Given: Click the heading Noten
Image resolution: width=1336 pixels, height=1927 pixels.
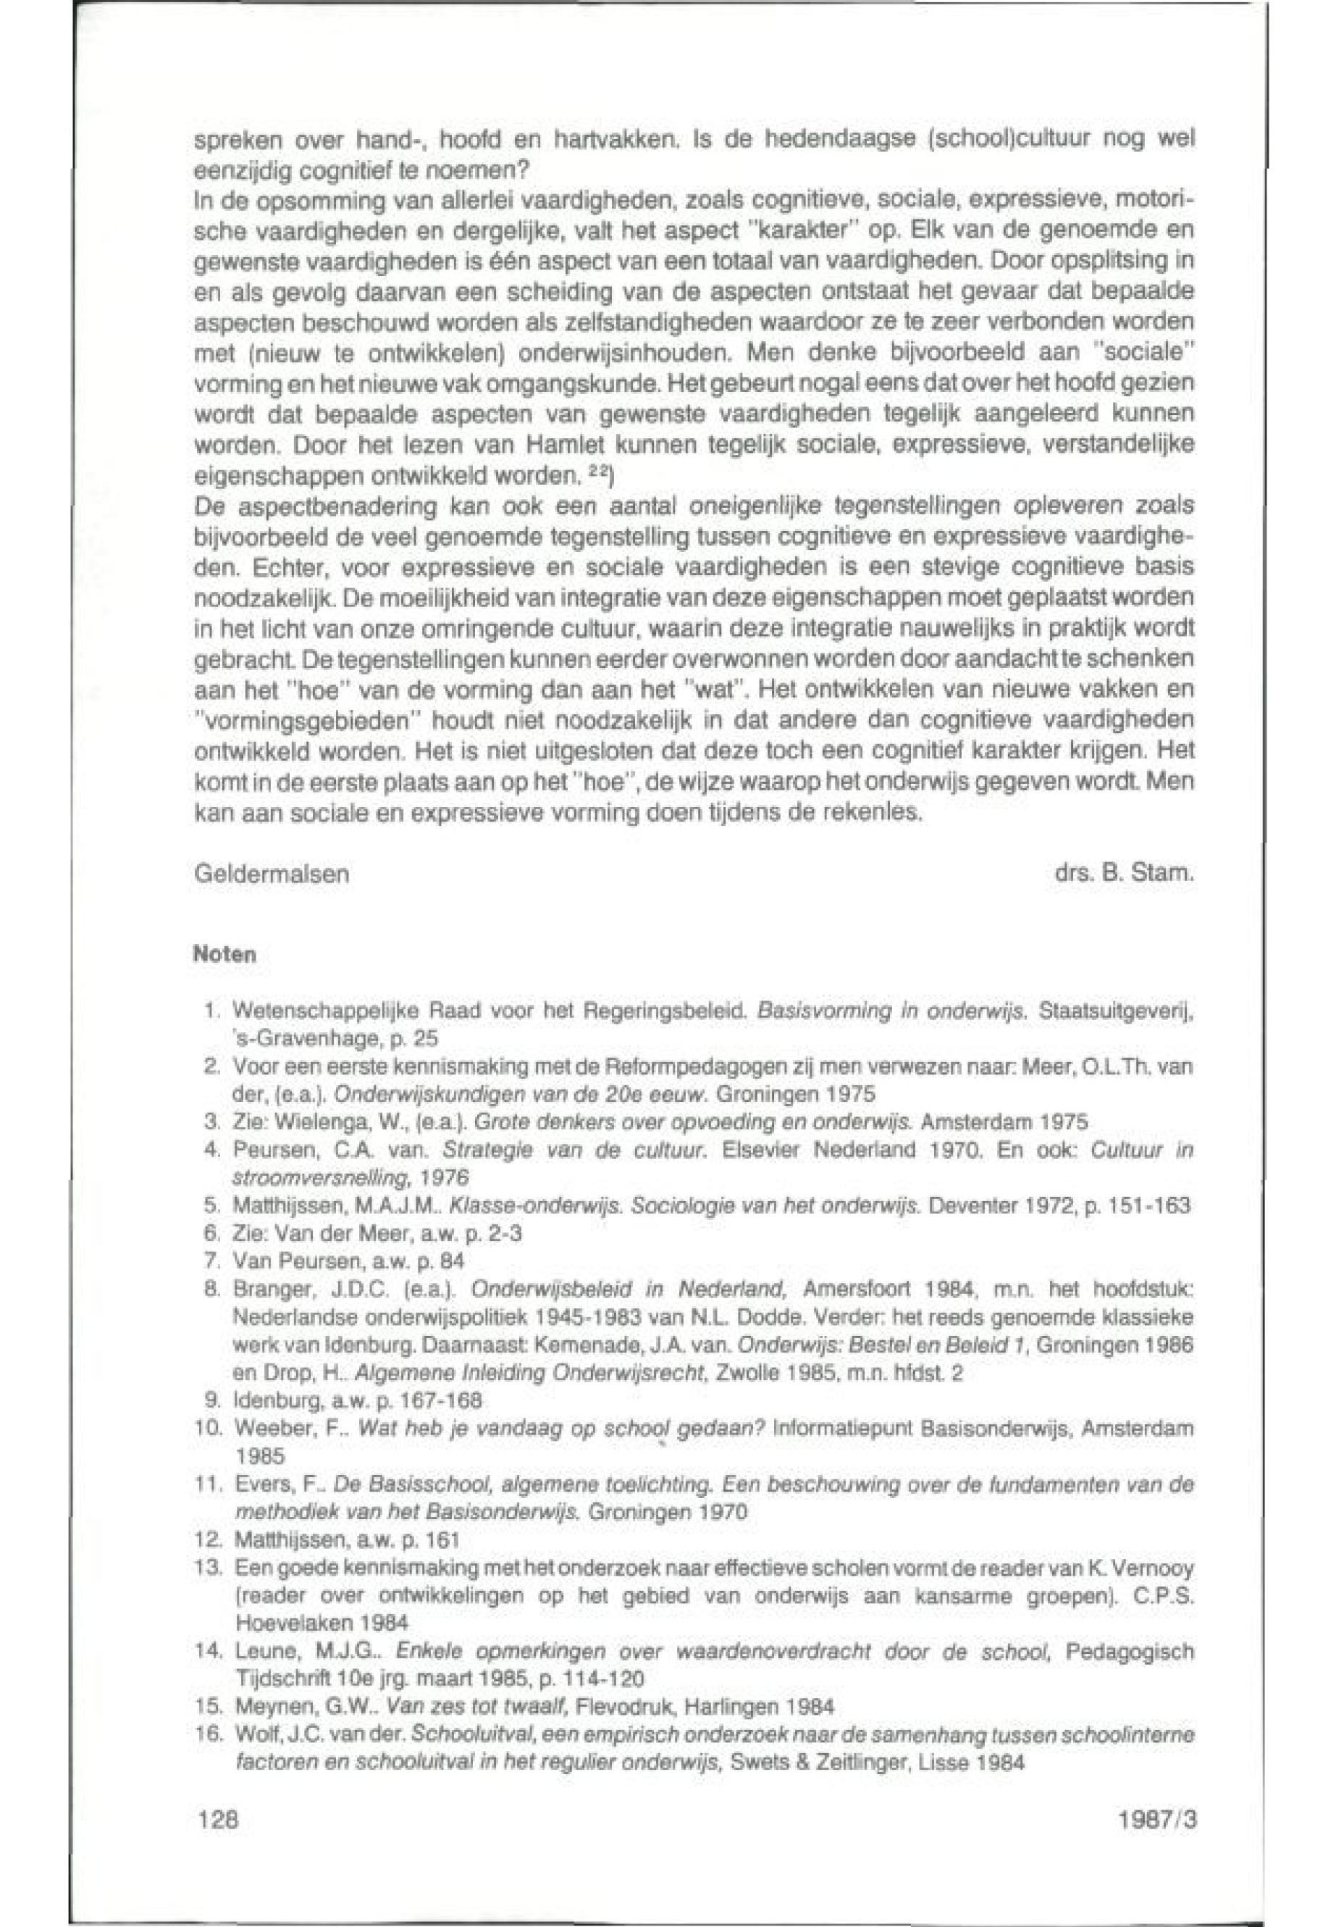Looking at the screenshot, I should click(224, 955).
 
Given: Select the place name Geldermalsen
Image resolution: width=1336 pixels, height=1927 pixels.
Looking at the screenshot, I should click(272, 874).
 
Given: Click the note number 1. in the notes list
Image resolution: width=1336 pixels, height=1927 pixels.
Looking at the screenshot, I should click(214, 1011).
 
